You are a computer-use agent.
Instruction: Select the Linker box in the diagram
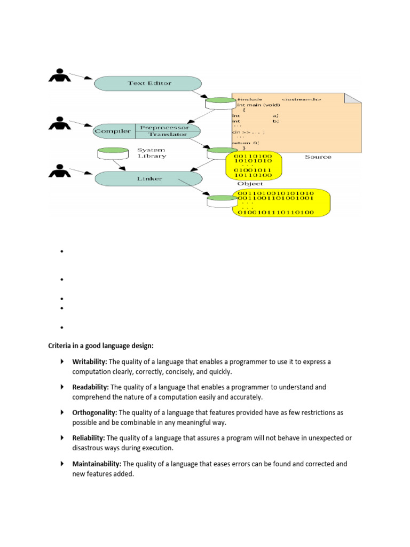coord(148,178)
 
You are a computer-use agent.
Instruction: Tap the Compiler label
coord(113,131)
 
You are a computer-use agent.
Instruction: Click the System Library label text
coord(151,153)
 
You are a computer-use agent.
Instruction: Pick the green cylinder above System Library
coord(113,153)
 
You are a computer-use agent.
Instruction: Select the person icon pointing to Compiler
coord(60,123)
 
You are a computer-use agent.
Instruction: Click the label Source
coord(318,157)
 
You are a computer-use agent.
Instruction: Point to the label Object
coord(250,184)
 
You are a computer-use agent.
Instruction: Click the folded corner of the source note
coord(352,98)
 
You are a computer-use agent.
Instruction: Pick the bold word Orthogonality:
coord(94,412)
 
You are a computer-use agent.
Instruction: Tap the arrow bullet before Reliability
coord(62,438)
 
